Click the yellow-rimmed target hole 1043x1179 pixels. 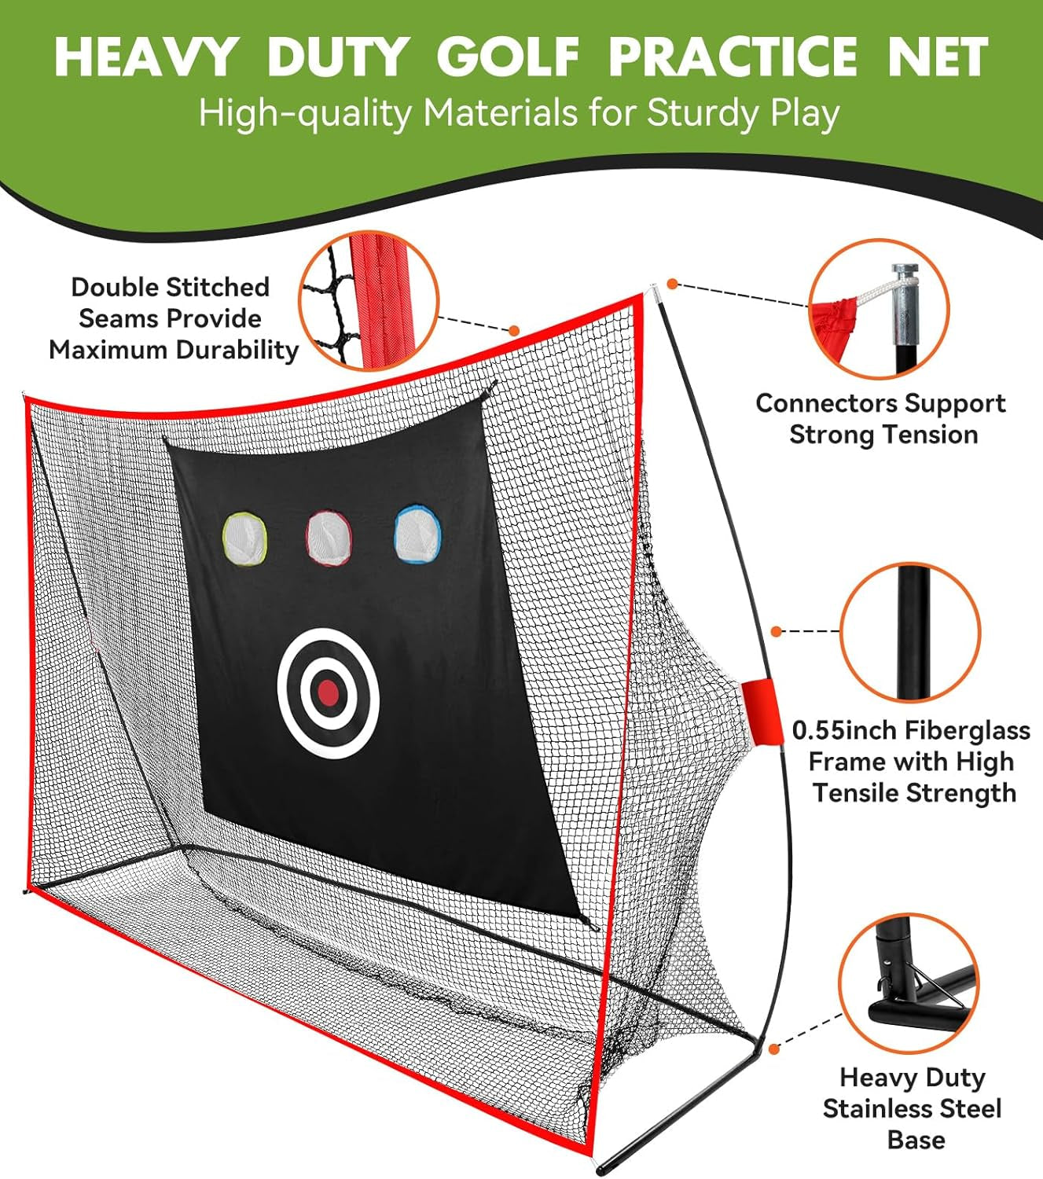[x=245, y=538]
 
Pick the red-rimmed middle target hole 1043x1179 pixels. [x=329, y=537]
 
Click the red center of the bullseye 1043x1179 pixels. [x=329, y=692]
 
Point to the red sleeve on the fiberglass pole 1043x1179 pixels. [x=759, y=711]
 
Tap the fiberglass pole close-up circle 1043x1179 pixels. [x=910, y=631]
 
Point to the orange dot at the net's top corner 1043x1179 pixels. [x=672, y=284]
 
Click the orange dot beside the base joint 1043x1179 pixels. [x=773, y=1049]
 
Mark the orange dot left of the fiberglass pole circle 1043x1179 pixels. [x=777, y=631]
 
